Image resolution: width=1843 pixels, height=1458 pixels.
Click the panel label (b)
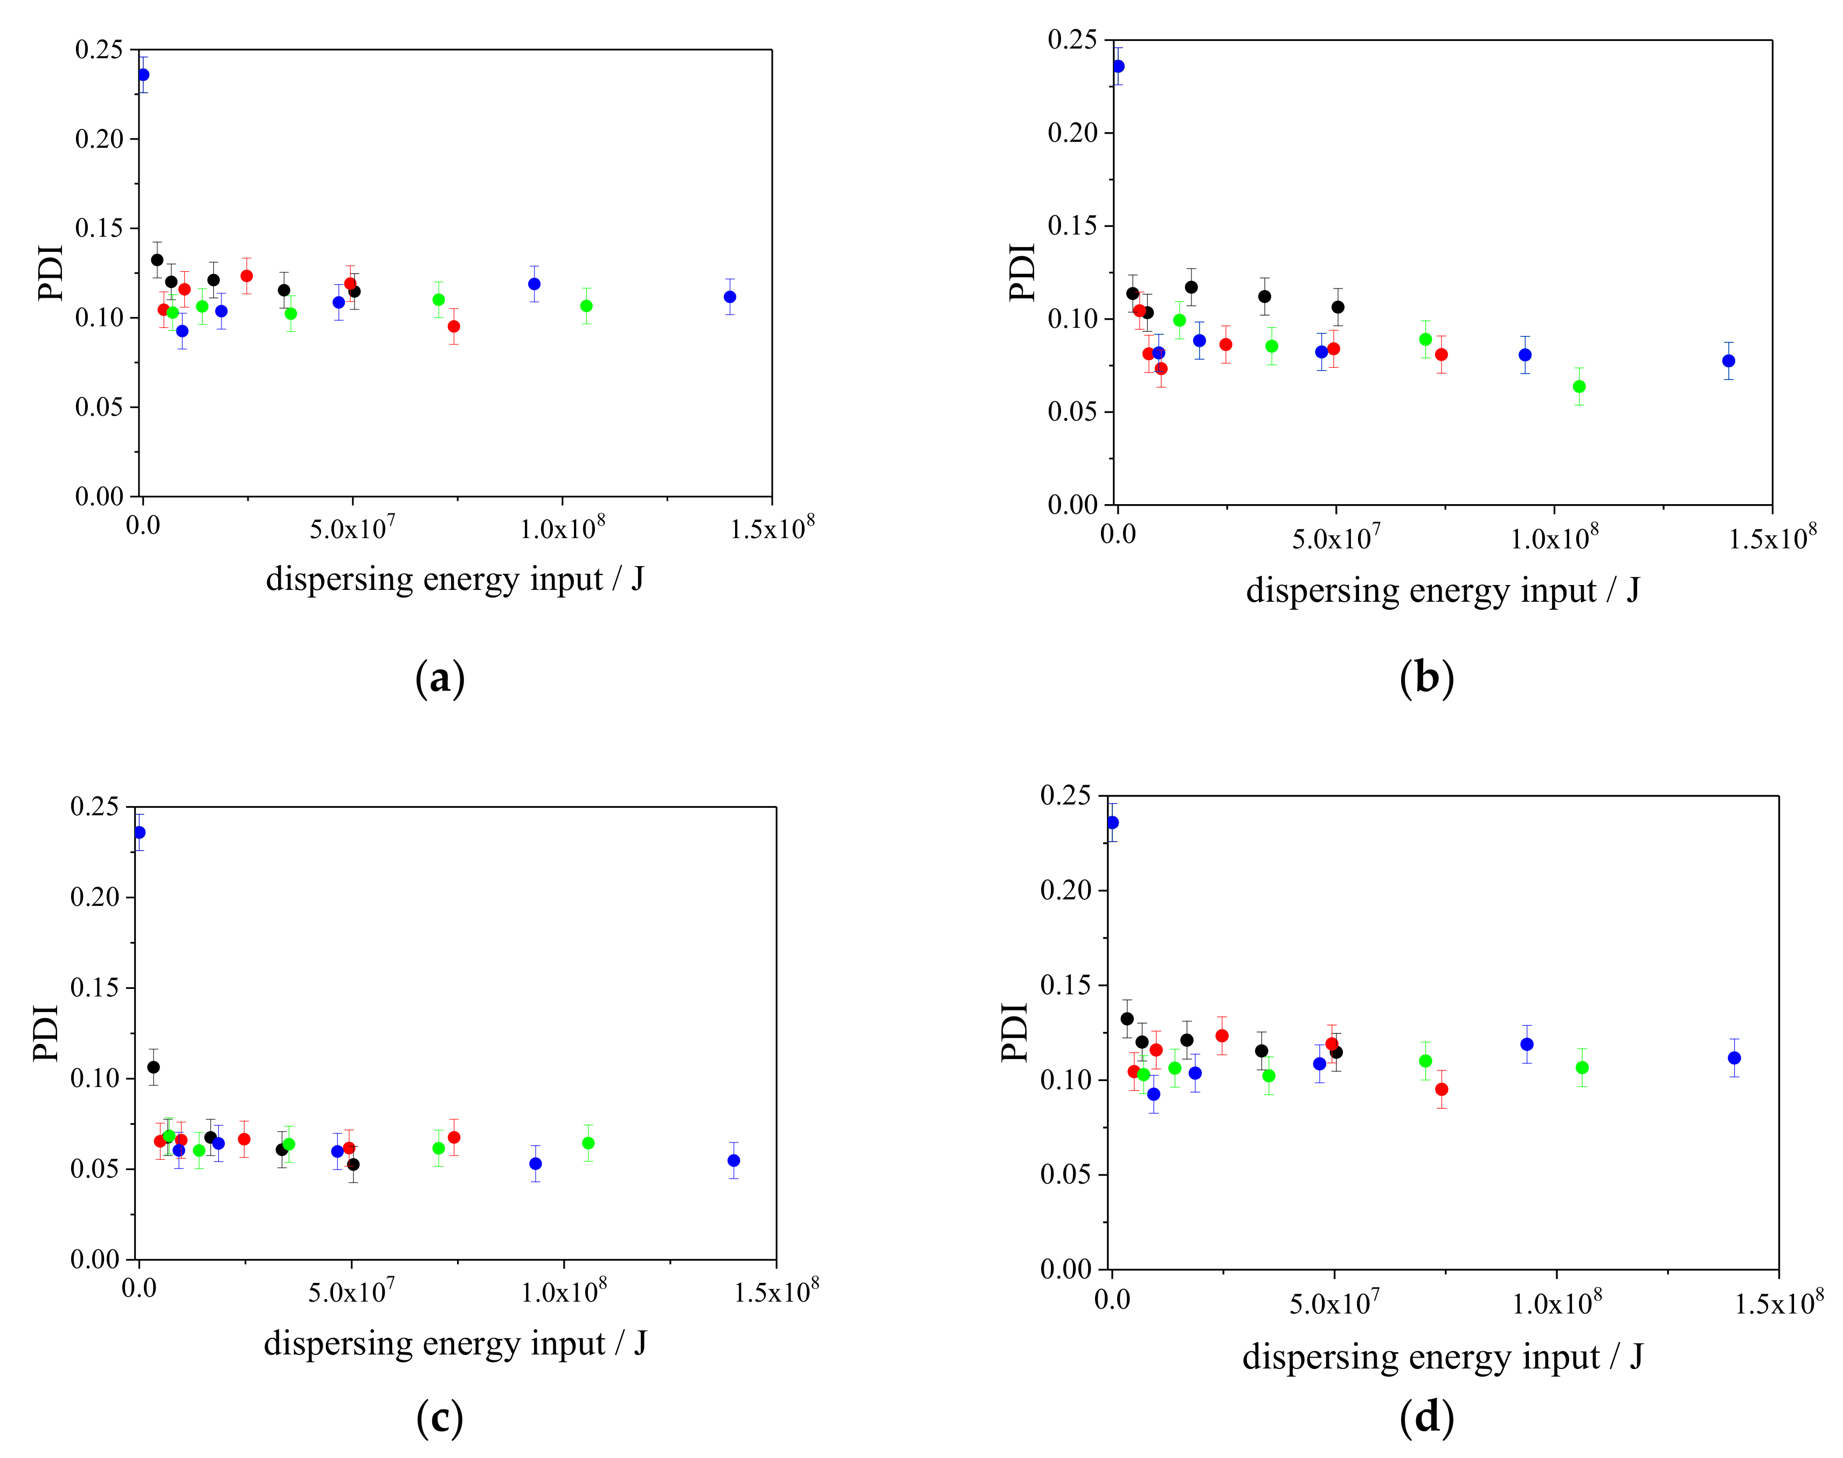[x=1426, y=679]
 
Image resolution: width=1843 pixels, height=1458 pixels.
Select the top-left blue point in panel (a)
[x=143, y=75]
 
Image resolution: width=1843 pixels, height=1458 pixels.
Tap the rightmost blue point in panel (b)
[x=1728, y=361]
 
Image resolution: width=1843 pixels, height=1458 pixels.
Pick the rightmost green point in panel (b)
[x=1578, y=387]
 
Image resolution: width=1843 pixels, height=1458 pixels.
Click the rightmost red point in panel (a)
[x=454, y=326]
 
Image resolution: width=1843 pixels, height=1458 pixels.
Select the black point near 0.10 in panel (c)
[x=154, y=1067]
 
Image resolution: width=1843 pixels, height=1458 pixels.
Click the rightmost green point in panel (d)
[x=1582, y=1067]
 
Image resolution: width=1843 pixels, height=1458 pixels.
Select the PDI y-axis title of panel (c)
[x=46, y=1033]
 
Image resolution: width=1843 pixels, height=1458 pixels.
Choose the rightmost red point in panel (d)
[x=1441, y=1089]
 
